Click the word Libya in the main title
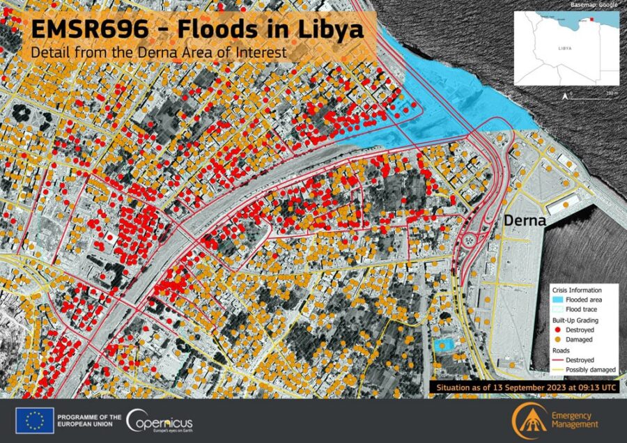click(x=327, y=30)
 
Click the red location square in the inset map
click(x=594, y=20)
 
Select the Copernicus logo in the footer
click(x=160, y=421)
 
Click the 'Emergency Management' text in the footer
click(x=575, y=420)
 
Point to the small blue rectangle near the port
click(x=442, y=345)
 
